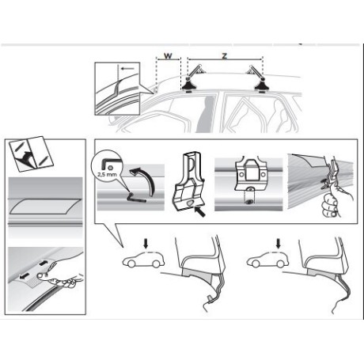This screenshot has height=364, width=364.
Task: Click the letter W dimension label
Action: click(168, 56)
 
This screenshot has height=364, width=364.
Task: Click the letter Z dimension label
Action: click(225, 56)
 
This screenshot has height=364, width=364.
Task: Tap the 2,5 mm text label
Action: click(107, 175)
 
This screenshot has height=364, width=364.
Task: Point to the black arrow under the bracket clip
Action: click(200, 212)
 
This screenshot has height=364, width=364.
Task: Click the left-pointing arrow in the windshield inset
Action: click(128, 69)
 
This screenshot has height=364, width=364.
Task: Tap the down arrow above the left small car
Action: click(146, 244)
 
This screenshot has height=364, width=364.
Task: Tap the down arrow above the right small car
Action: click(278, 244)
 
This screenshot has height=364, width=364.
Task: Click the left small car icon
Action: click(143, 260)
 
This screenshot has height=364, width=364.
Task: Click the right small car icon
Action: click(267, 260)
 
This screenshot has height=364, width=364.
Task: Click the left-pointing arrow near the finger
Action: click(25, 275)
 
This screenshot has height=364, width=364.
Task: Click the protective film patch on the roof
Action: click(45, 207)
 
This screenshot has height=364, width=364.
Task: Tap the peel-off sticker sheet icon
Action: click(31, 153)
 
